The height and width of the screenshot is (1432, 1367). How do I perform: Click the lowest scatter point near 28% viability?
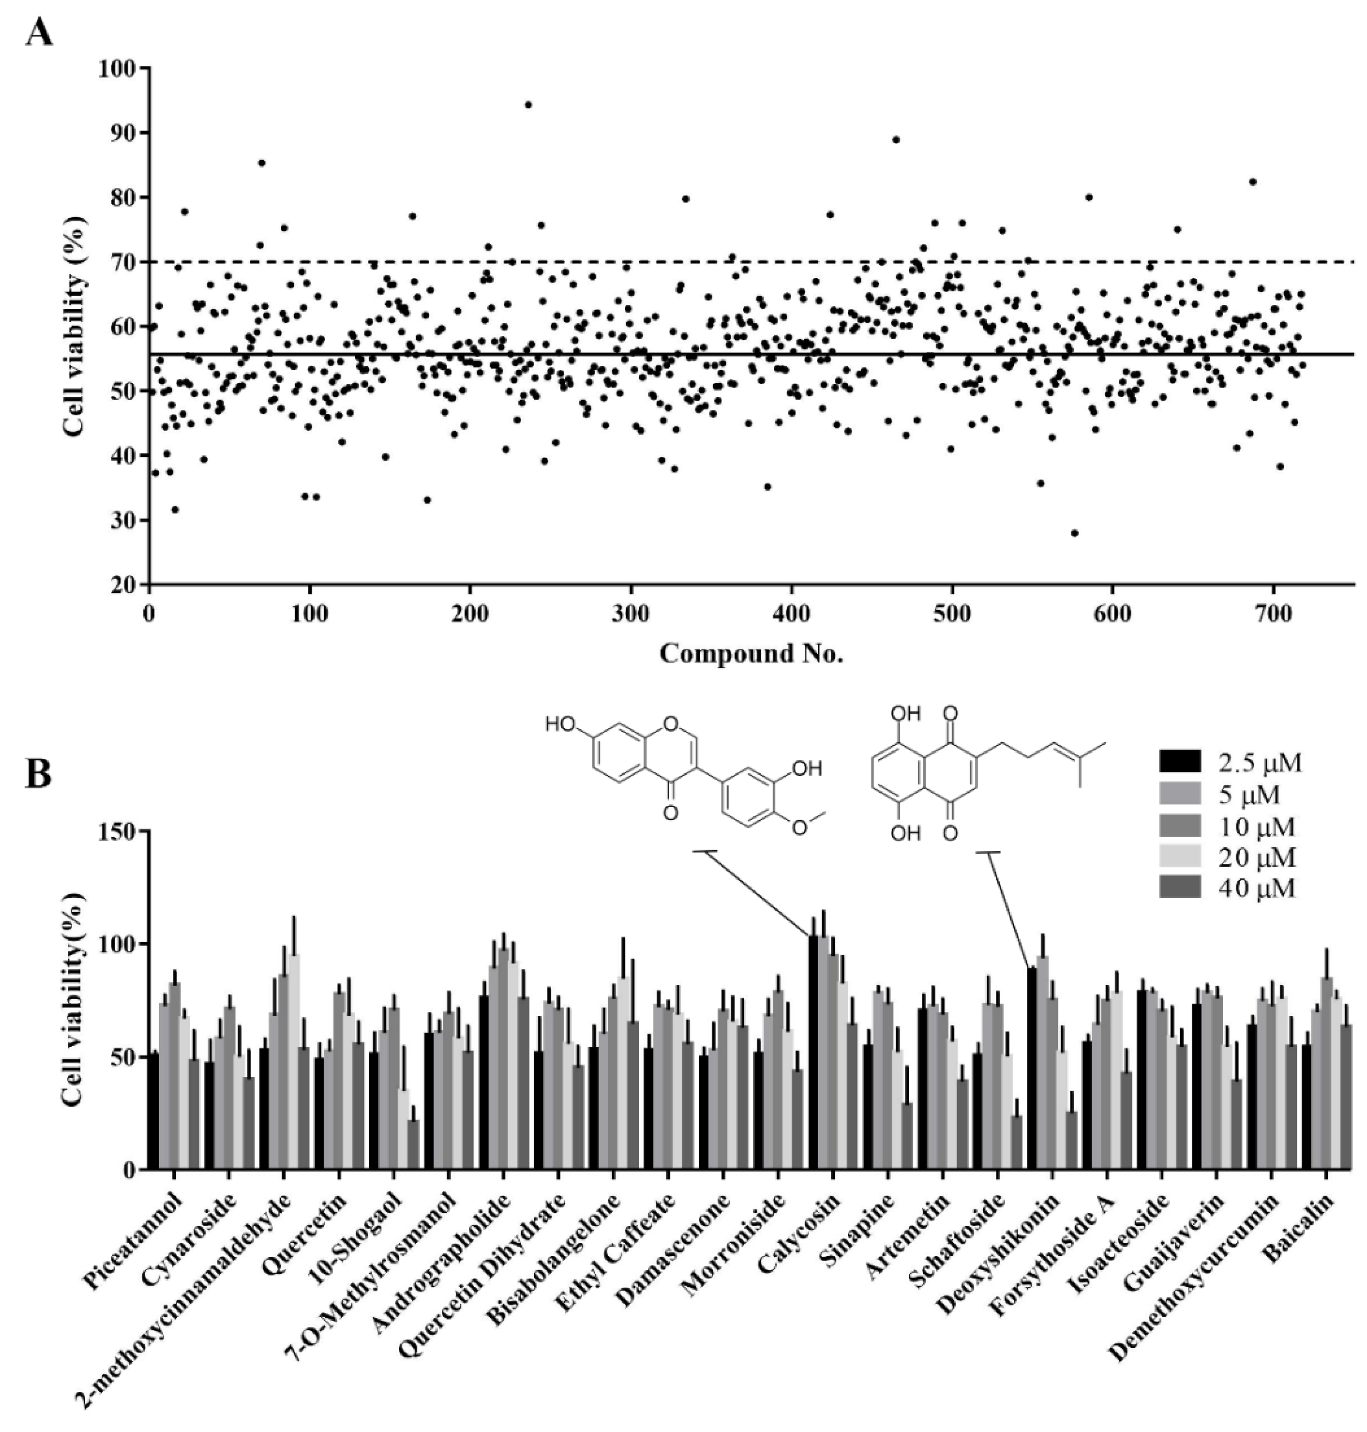pyautogui.click(x=1074, y=533)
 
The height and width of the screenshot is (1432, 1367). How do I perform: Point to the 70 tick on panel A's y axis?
pyautogui.click(x=122, y=262)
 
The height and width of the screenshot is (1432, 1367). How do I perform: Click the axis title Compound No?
pyautogui.click(x=751, y=653)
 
